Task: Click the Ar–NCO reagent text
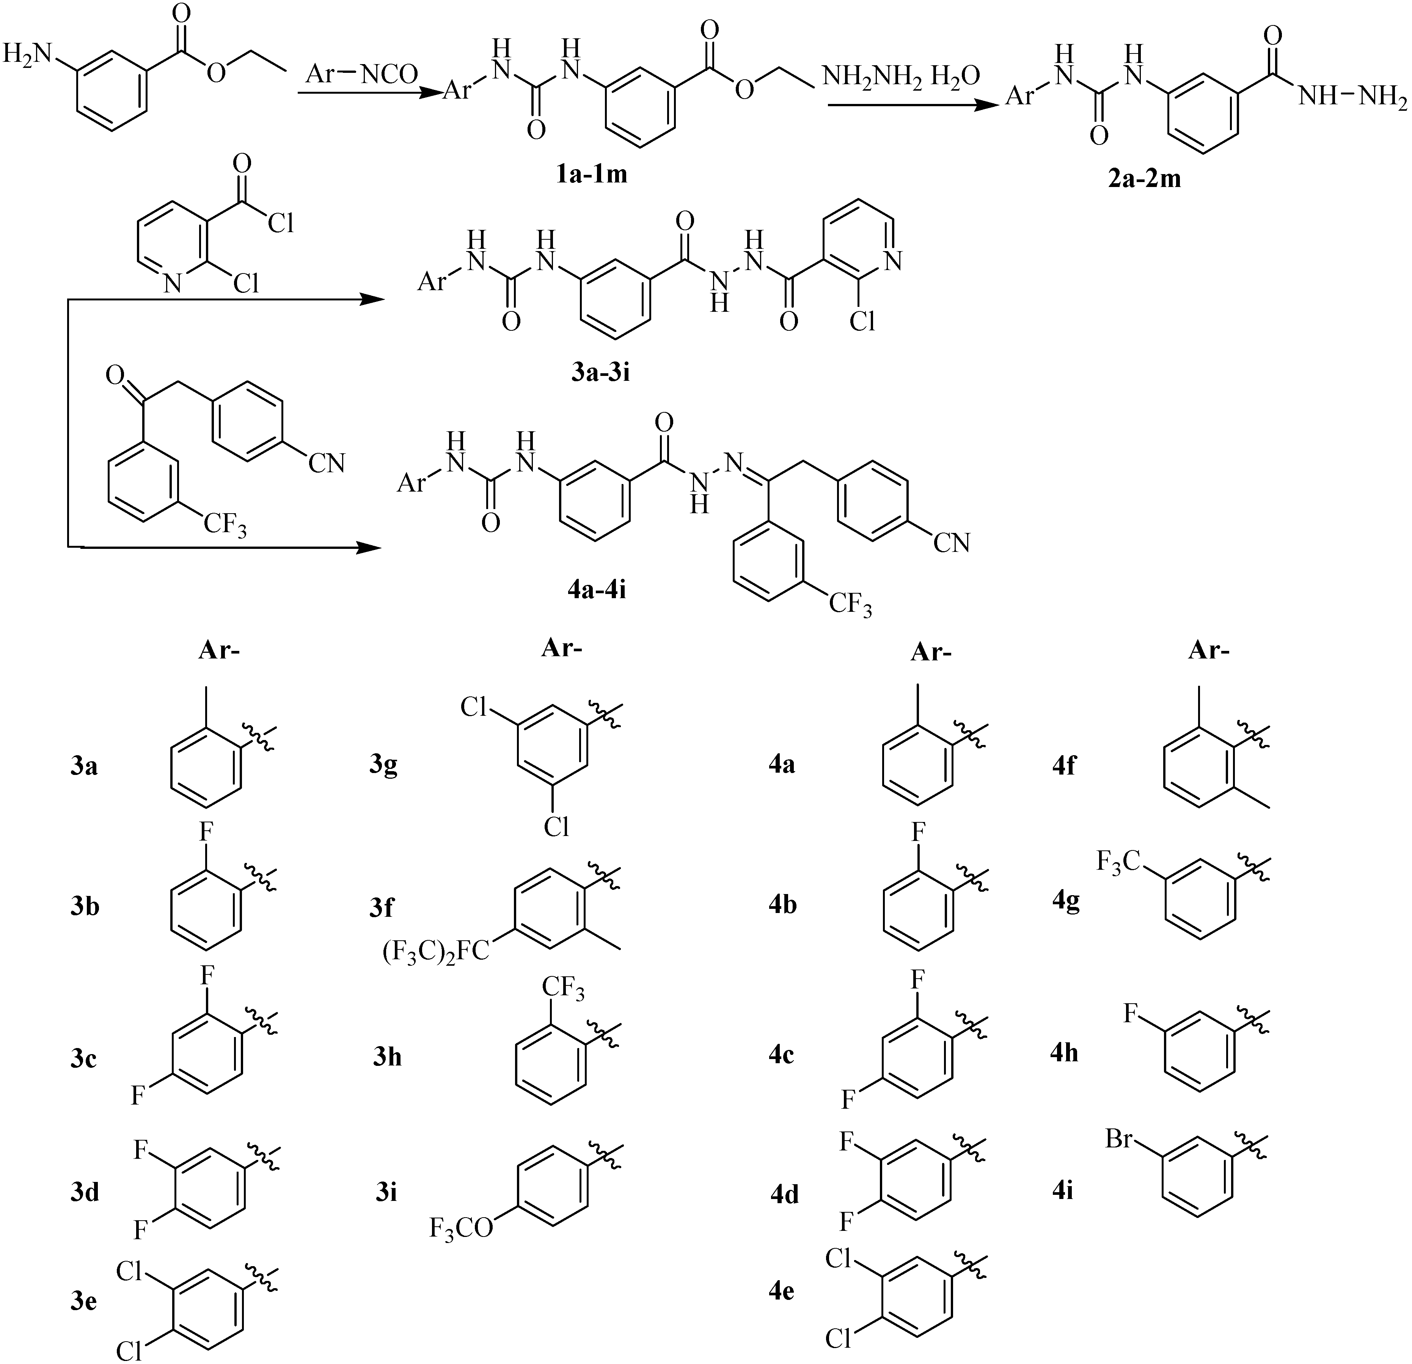(x=362, y=74)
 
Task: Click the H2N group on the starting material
(x=27, y=54)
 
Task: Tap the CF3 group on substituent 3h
(x=563, y=988)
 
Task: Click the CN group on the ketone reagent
(x=326, y=463)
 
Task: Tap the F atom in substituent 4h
(x=1132, y=1015)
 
